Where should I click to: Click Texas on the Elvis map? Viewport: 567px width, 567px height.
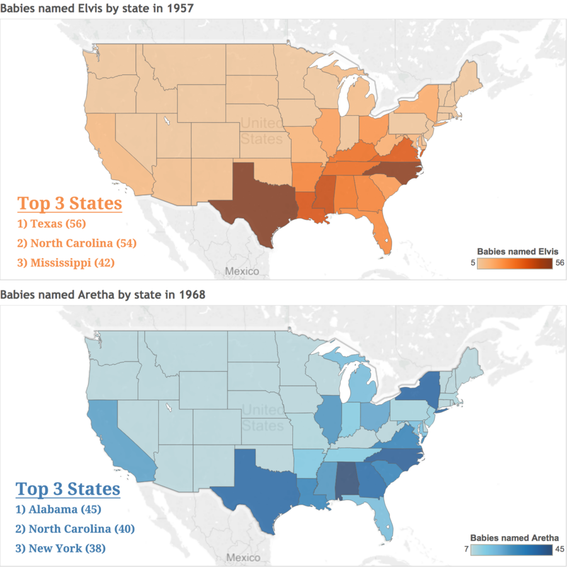(257, 202)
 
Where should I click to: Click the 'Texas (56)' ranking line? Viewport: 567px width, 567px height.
(52, 224)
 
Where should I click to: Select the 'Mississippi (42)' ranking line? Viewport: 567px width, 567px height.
(66, 263)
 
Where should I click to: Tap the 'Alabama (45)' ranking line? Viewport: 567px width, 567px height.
(58, 509)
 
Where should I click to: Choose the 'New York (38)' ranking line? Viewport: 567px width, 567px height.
(60, 548)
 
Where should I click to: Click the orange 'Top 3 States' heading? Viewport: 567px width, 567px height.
(70, 203)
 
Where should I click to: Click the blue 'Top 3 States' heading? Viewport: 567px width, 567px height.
(68, 489)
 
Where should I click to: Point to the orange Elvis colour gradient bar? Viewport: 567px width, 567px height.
(515, 263)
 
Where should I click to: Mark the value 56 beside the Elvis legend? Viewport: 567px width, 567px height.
(560, 263)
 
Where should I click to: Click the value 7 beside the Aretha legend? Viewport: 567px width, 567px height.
(466, 549)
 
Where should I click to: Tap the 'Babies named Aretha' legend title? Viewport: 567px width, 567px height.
(515, 538)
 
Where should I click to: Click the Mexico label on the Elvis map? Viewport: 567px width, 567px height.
(242, 271)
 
